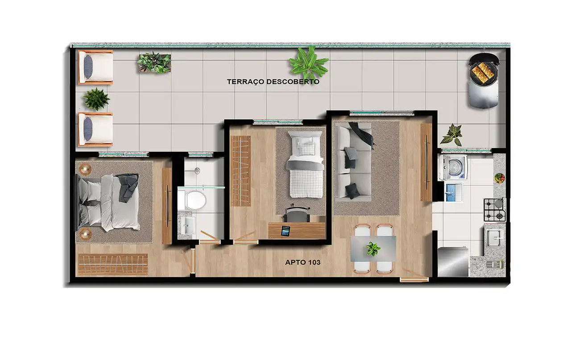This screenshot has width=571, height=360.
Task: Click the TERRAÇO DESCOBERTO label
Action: [x=273, y=82]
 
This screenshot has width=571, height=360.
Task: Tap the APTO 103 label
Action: [x=302, y=262]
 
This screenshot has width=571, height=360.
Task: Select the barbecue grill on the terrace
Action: [x=484, y=81]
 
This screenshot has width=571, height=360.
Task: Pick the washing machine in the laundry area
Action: [x=453, y=167]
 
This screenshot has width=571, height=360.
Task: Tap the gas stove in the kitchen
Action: [x=495, y=210]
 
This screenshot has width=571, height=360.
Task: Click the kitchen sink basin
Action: [x=494, y=238]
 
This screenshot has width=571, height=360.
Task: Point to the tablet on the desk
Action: [x=285, y=231]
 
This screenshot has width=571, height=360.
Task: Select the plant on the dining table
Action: [x=373, y=248]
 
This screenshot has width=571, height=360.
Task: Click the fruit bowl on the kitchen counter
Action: [x=499, y=178]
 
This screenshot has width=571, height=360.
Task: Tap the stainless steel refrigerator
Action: [x=453, y=262]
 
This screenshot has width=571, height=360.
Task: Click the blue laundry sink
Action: [x=454, y=193]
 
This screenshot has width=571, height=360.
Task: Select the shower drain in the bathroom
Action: [x=197, y=170]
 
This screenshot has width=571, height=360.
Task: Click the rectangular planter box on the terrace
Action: [x=154, y=63]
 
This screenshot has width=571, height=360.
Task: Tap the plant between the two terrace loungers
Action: [x=96, y=99]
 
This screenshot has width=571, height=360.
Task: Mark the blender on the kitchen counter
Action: [x=495, y=264]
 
